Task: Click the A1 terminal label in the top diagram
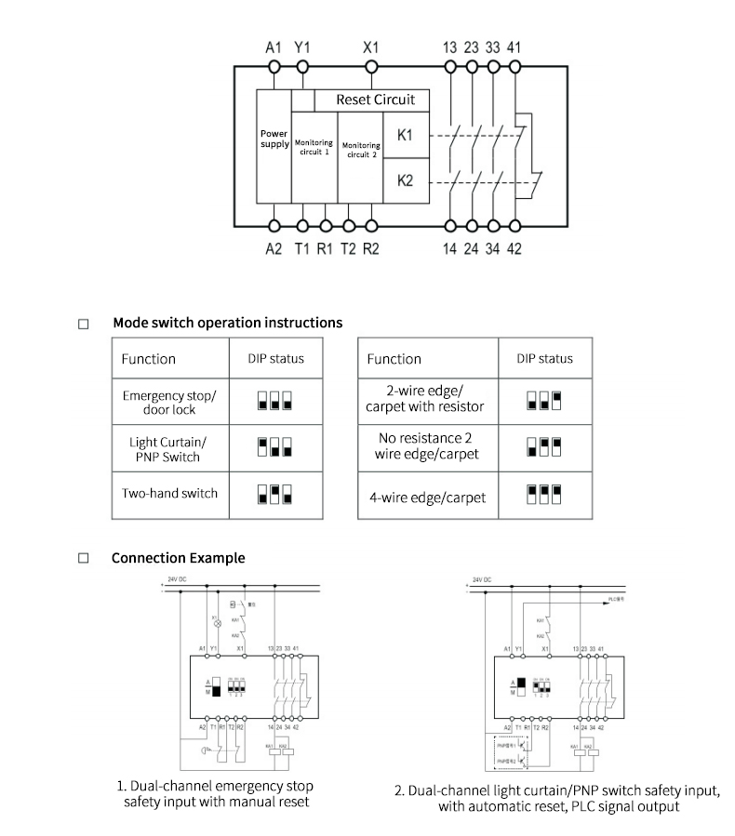pos(273,47)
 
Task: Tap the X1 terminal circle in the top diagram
pos(371,67)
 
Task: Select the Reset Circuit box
pos(374,100)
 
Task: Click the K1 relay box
pos(405,135)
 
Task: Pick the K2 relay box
pos(405,180)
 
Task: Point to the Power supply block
pos(274,139)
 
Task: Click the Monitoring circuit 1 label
pos(314,148)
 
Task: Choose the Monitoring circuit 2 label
pos(361,150)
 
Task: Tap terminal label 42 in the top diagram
pos(514,249)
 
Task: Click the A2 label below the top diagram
pos(273,249)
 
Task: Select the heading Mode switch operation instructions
pos(227,323)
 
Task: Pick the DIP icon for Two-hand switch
pos(274,493)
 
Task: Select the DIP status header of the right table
pos(544,358)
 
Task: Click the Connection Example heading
pos(179,558)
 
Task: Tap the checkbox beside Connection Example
pos(84,559)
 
